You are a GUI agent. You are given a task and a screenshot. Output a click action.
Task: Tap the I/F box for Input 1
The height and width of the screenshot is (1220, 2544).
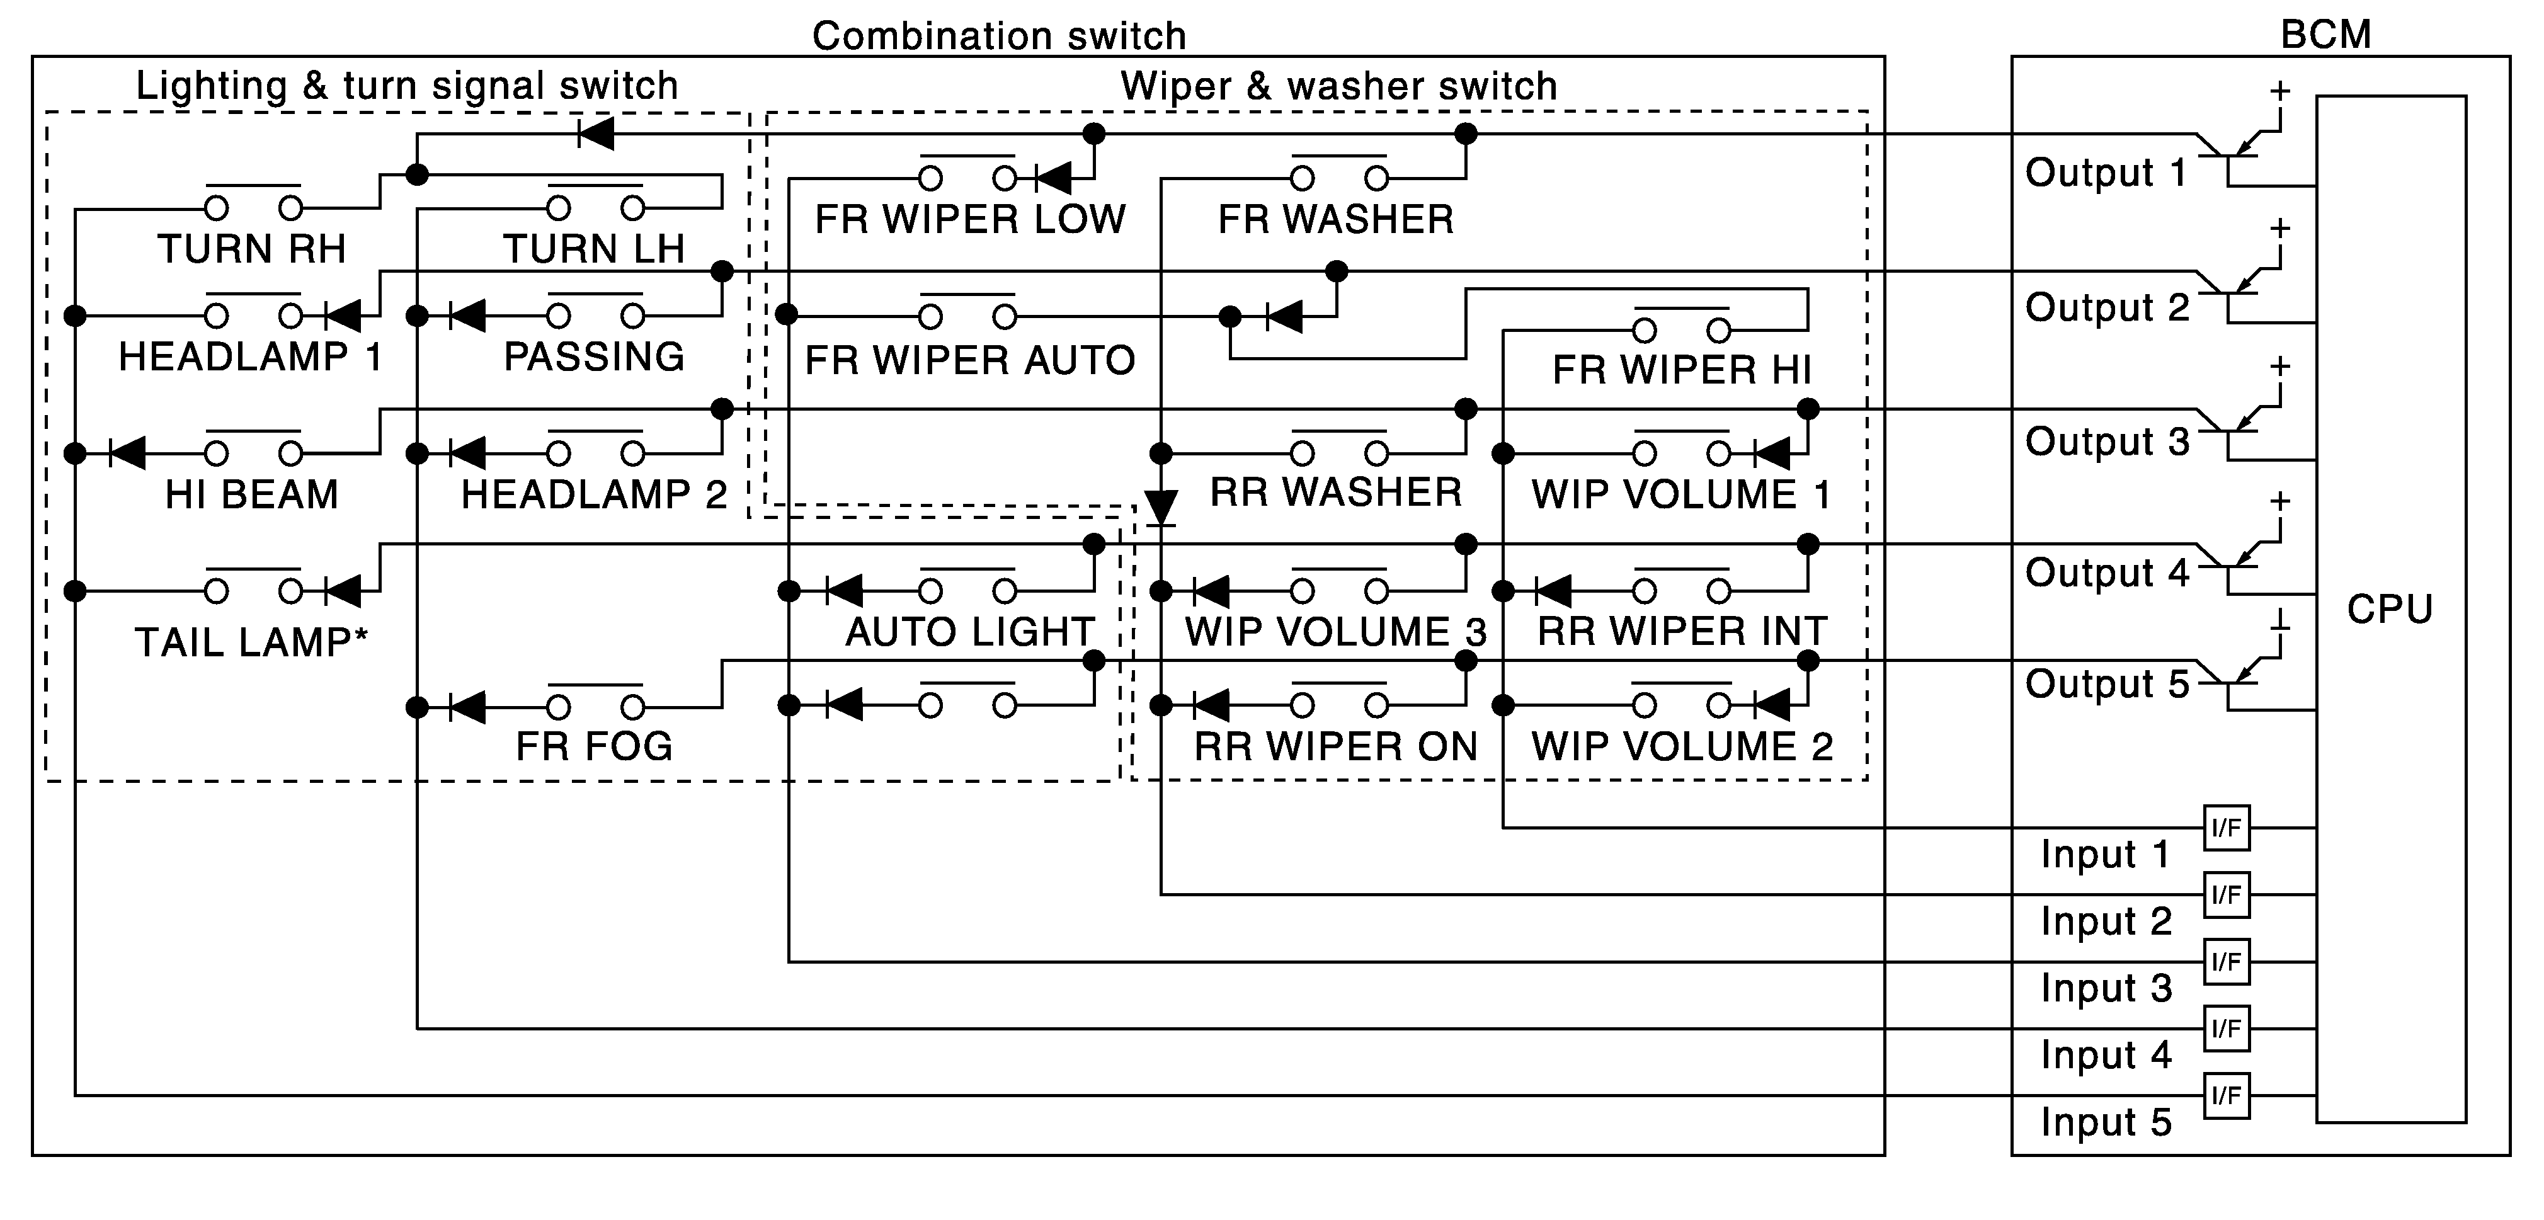pos(2226,828)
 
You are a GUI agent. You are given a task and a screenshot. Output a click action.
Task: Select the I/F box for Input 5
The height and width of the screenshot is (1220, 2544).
pos(2226,1095)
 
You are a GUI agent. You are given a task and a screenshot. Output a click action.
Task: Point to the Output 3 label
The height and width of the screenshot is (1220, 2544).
pos(2106,442)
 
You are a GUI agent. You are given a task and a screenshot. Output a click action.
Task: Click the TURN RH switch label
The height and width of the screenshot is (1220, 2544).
pos(252,249)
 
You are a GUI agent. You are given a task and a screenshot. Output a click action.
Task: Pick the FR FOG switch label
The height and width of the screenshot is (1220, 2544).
pos(593,746)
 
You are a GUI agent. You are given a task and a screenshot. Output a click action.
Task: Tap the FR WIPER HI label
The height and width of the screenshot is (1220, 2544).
pos(1682,370)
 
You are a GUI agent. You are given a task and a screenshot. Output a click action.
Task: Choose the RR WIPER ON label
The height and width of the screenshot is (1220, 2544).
pos(1335,747)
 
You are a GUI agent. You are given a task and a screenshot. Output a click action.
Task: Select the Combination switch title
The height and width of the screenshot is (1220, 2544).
pos(998,35)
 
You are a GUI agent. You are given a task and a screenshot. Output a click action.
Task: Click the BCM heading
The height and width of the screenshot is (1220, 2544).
pos(2325,35)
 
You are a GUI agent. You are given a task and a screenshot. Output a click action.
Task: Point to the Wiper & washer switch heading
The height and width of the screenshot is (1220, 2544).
pos(1338,86)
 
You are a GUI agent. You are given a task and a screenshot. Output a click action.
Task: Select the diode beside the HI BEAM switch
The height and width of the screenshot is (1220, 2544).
pos(127,453)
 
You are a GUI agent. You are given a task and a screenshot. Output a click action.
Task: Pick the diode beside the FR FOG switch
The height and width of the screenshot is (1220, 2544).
pos(466,706)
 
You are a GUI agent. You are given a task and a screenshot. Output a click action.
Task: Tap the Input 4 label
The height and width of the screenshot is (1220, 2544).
pos(2106,1055)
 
